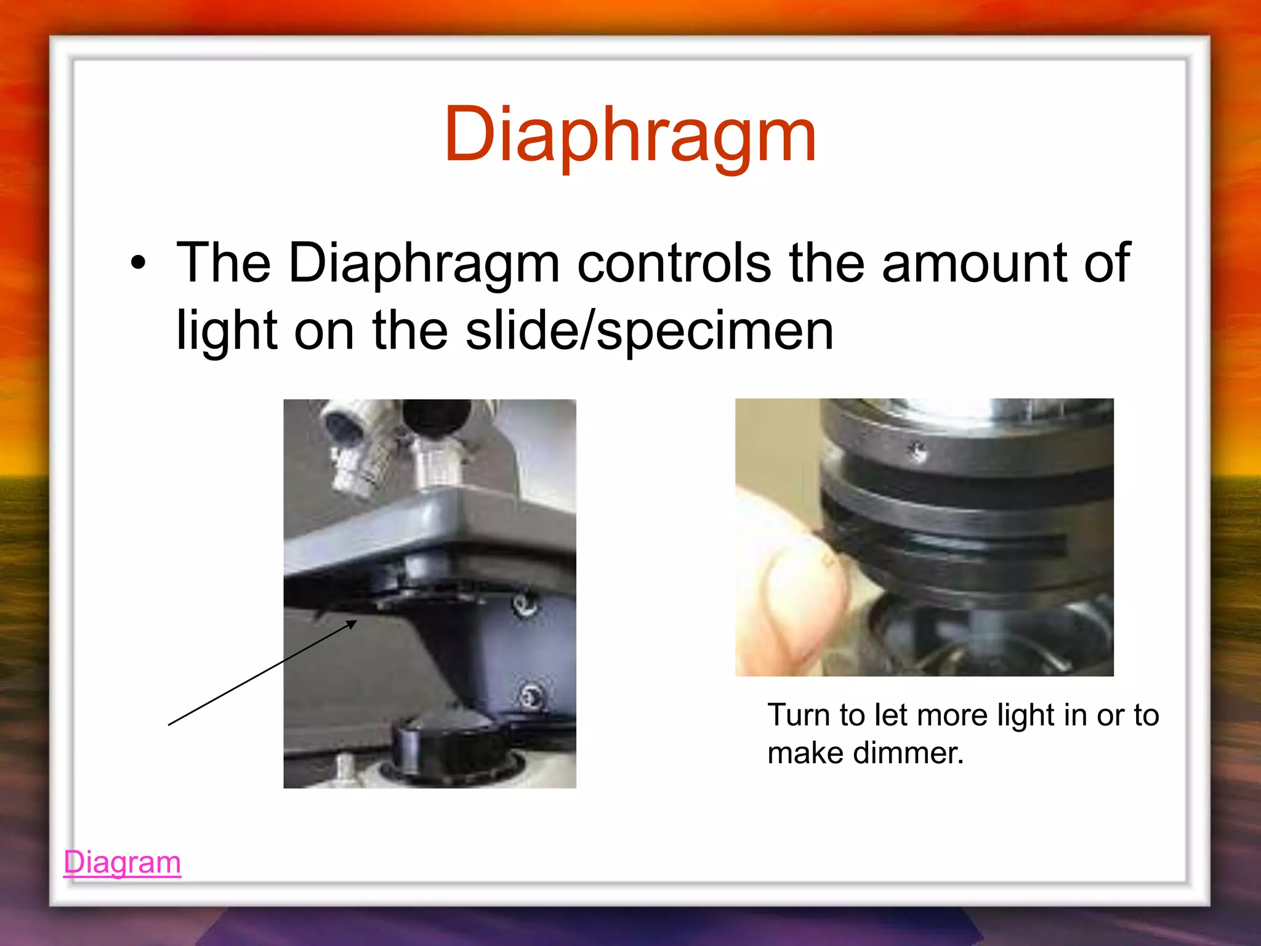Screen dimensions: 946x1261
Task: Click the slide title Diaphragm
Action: [630, 134]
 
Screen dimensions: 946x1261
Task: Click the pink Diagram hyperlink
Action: [122, 862]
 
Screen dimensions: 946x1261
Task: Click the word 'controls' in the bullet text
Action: [674, 264]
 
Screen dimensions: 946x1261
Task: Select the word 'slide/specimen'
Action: [649, 331]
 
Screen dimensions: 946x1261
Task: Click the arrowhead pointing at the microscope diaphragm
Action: [352, 624]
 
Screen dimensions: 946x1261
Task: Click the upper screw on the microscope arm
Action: [525, 605]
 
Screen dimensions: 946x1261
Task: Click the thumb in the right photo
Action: [794, 591]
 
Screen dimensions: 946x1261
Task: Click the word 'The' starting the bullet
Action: [223, 264]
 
